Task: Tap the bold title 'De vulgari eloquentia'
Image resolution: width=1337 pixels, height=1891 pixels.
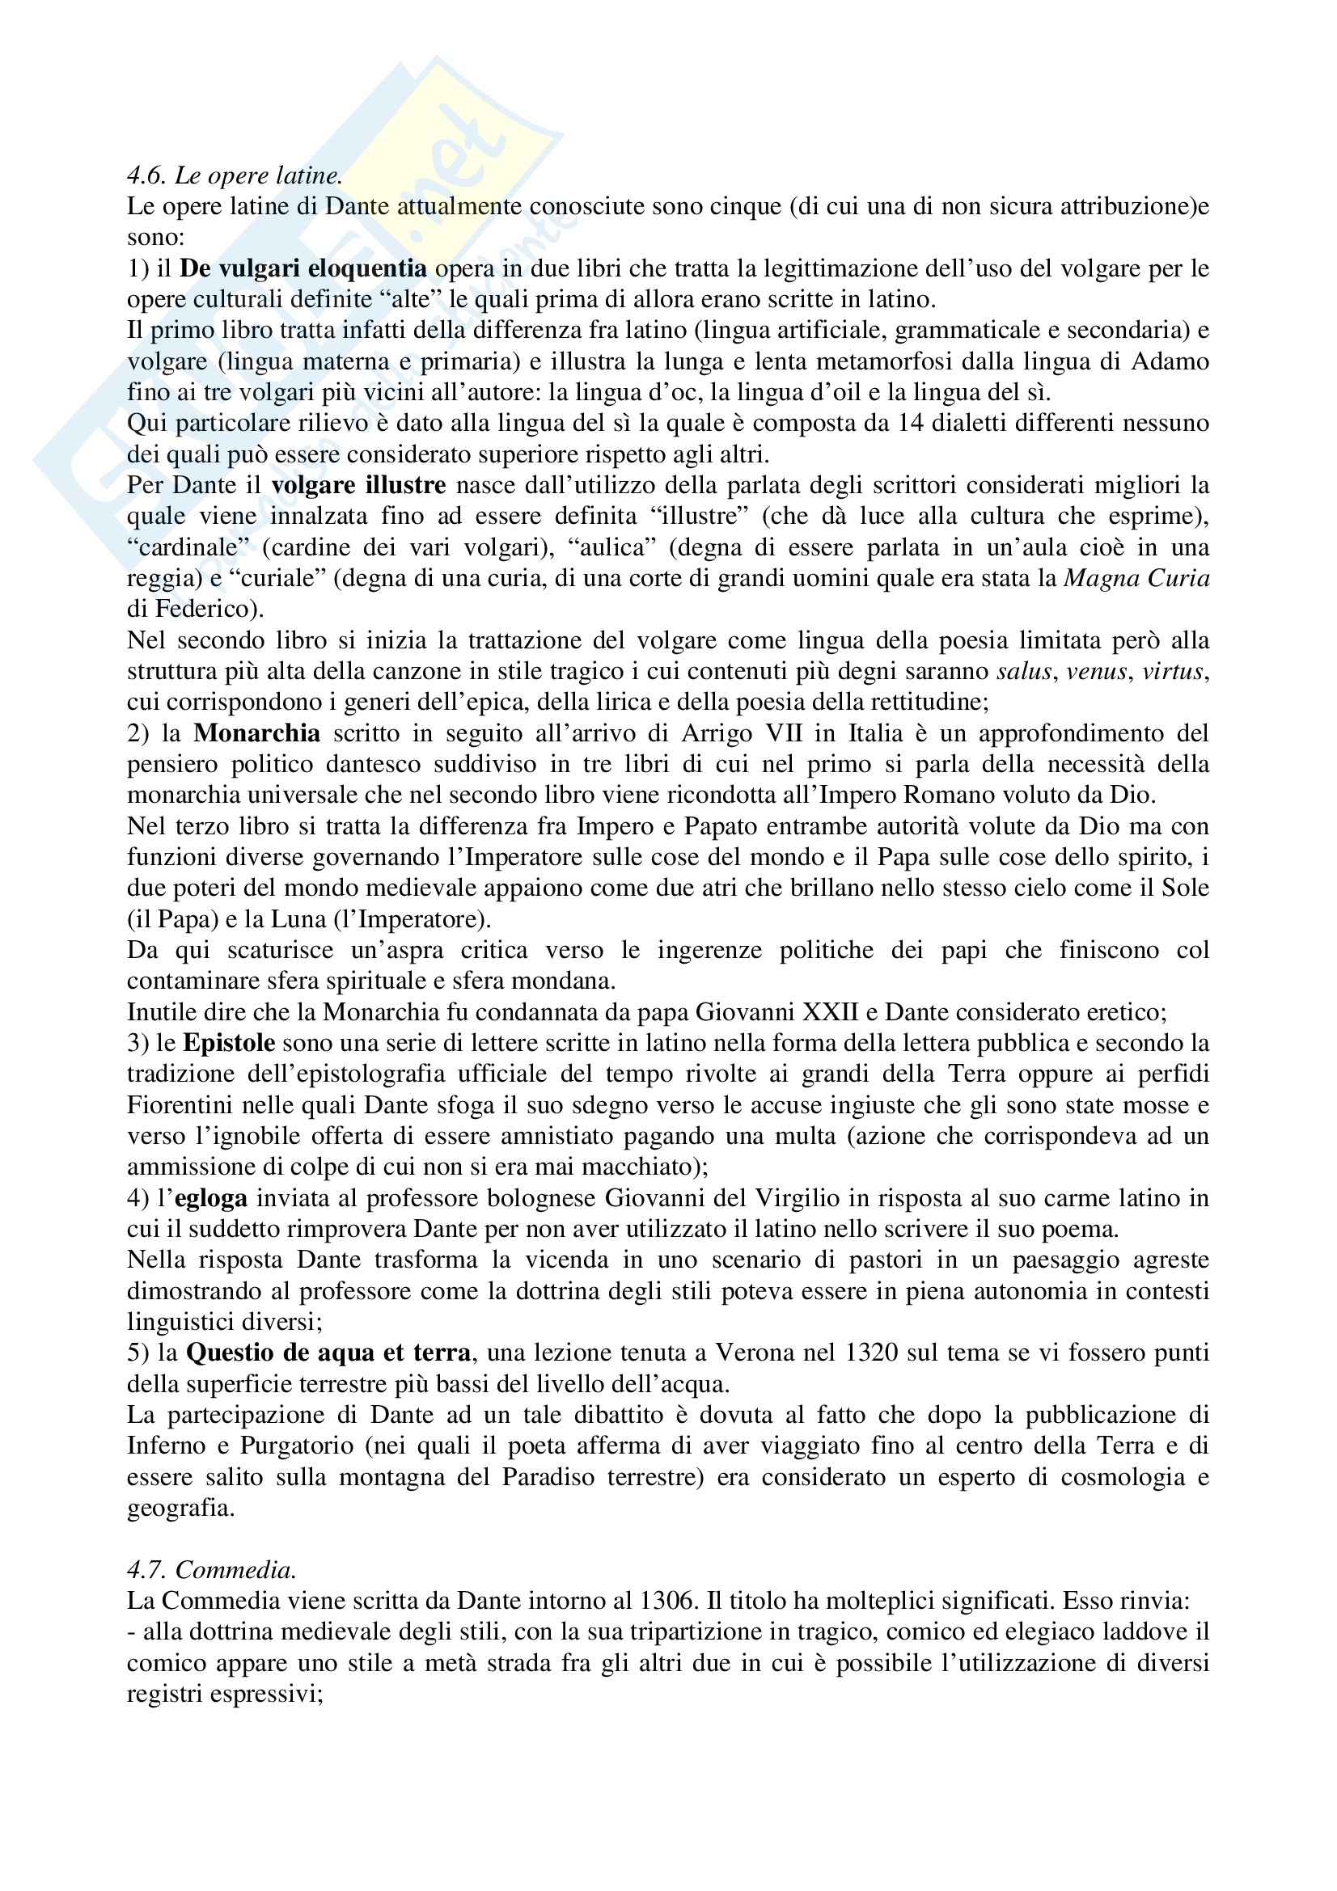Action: point(303,268)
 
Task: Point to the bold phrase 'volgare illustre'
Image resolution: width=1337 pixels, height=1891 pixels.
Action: point(358,485)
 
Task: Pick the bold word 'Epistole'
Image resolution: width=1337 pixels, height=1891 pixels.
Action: point(229,1043)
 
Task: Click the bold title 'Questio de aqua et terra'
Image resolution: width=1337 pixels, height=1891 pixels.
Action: point(328,1353)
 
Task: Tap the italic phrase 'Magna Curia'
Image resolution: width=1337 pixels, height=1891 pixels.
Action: point(1137,578)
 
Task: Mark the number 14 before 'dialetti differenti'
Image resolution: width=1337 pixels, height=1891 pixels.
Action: point(852,424)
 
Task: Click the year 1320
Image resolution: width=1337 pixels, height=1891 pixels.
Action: point(872,1353)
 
